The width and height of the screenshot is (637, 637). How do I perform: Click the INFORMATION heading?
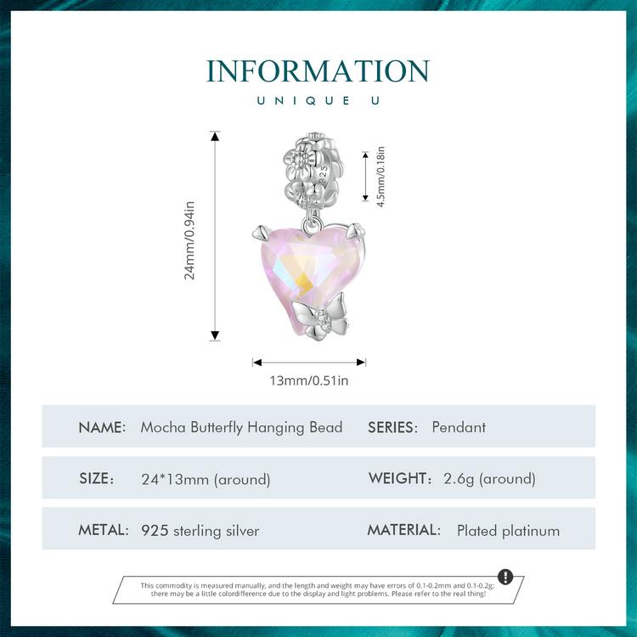tap(318, 71)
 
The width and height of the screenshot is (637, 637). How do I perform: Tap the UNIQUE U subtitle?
tap(318, 101)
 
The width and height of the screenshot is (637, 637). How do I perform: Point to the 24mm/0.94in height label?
tap(189, 240)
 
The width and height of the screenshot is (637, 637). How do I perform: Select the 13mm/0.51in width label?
tap(309, 381)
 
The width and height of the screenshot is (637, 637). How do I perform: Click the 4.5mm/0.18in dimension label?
tap(381, 177)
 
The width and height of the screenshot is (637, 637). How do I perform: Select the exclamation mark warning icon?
tap(505, 576)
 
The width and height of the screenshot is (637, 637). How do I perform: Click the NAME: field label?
tap(102, 427)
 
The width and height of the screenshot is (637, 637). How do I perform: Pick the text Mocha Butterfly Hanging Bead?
tap(241, 428)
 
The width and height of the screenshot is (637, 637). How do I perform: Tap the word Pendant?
tap(459, 427)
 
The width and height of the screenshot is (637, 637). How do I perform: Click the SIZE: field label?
tap(97, 478)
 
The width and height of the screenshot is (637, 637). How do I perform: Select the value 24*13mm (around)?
tap(206, 479)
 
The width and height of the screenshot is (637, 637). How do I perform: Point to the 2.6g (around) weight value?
tap(489, 478)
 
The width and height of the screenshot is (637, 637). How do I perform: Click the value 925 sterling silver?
tap(200, 531)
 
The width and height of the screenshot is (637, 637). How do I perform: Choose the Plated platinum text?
tap(508, 531)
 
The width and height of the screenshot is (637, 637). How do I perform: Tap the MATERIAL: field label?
tap(403, 530)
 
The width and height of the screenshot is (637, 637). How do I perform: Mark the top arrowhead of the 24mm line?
tap(215, 136)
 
